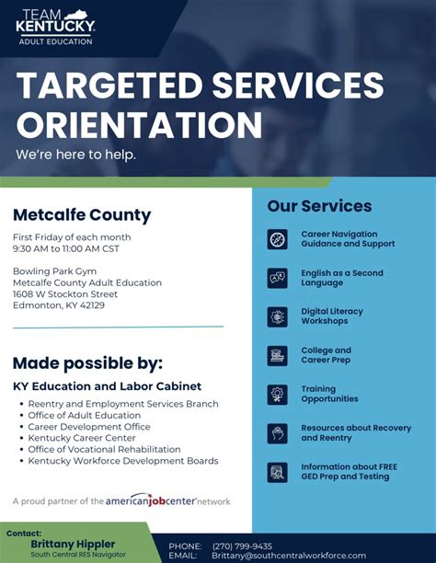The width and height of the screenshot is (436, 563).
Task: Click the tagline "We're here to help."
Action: coord(75,155)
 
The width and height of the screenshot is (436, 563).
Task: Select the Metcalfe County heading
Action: coord(82,215)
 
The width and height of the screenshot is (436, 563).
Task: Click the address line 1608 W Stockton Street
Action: coord(65,294)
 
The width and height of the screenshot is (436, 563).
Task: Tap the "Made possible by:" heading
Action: coord(87,362)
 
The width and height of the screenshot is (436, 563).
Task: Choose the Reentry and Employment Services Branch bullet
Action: coord(123,404)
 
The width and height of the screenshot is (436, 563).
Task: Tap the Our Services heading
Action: coord(319,206)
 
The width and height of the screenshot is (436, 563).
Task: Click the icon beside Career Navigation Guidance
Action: coord(277,239)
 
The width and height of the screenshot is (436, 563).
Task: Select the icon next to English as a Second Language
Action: coord(277,278)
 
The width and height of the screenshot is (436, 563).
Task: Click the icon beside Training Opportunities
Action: coord(277,394)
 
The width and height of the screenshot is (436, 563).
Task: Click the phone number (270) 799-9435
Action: coord(242,546)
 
